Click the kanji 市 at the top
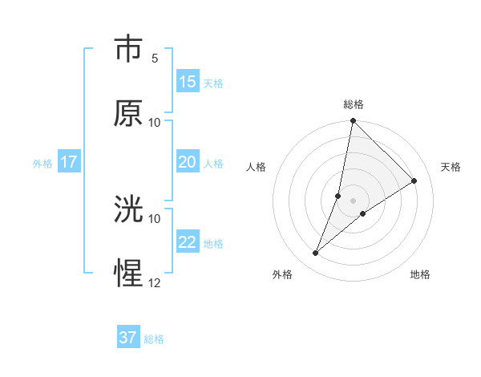[128, 49]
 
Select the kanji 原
[128, 113]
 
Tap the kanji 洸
[128, 210]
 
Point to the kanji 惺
[128, 274]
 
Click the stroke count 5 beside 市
[155, 59]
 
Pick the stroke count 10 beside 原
[155, 123]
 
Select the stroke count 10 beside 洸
[155, 218]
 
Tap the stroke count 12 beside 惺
[155, 283]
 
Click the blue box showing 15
[188, 82]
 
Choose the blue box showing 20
[188, 162]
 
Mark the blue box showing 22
[188, 242]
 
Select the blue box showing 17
[69, 162]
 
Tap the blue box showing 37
[128, 338]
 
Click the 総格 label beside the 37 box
[154, 339]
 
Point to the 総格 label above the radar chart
[354, 104]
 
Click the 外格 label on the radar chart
[282, 275]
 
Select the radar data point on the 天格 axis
[414, 180]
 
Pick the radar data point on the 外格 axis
[316, 253]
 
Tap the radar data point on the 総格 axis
[354, 121]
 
